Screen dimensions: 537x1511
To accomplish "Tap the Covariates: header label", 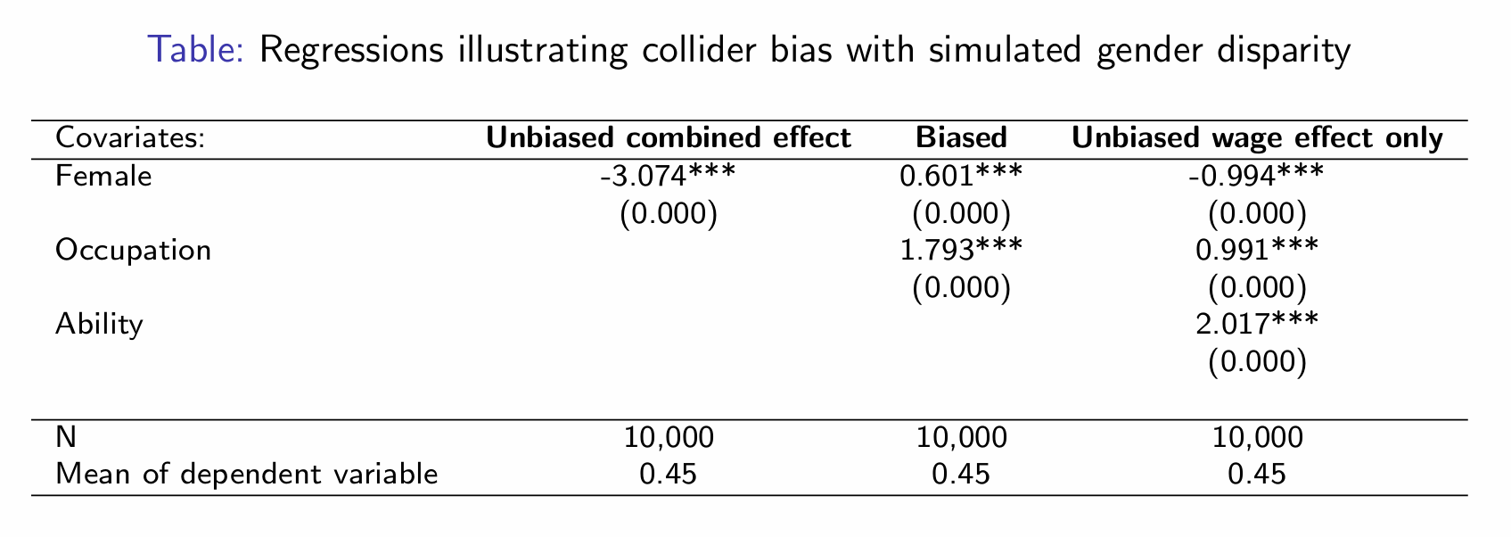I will pos(130,138).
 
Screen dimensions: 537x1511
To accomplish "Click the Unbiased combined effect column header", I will pos(669,138).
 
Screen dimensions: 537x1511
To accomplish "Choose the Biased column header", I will pos(961,138).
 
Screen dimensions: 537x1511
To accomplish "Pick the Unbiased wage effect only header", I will pos(1257,138).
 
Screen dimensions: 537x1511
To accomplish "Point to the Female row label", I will pos(103,177).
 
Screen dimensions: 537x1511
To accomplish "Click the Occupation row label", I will pos(134,250).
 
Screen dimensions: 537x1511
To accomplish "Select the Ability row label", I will pos(99,324).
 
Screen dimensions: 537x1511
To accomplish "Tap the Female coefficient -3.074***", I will pos(669,177).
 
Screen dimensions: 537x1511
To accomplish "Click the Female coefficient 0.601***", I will pos(961,177).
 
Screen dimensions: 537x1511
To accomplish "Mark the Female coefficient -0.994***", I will pos(1257,177).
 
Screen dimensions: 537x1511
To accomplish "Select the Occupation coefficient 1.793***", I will pos(961,250).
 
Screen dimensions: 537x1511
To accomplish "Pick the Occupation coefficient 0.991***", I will pos(1257,250).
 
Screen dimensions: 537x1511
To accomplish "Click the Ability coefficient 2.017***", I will pos(1257,324).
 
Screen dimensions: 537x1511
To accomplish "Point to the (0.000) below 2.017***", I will pos(1257,361).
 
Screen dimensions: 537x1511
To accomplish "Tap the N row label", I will pos(65,437).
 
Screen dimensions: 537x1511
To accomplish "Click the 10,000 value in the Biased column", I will pos(961,438).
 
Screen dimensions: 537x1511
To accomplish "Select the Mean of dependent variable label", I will pos(247,474).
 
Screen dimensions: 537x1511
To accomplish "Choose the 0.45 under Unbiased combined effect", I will pos(669,474).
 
